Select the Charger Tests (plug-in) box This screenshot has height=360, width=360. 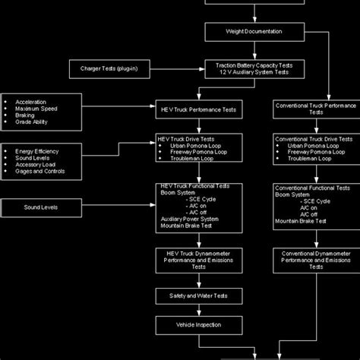click(110, 68)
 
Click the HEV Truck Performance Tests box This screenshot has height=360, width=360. click(200, 110)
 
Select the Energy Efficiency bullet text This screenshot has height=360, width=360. click(37, 151)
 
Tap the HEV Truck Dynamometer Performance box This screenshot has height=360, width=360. click(200, 261)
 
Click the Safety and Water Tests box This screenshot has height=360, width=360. click(200, 295)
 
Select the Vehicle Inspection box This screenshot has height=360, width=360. click(200, 325)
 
